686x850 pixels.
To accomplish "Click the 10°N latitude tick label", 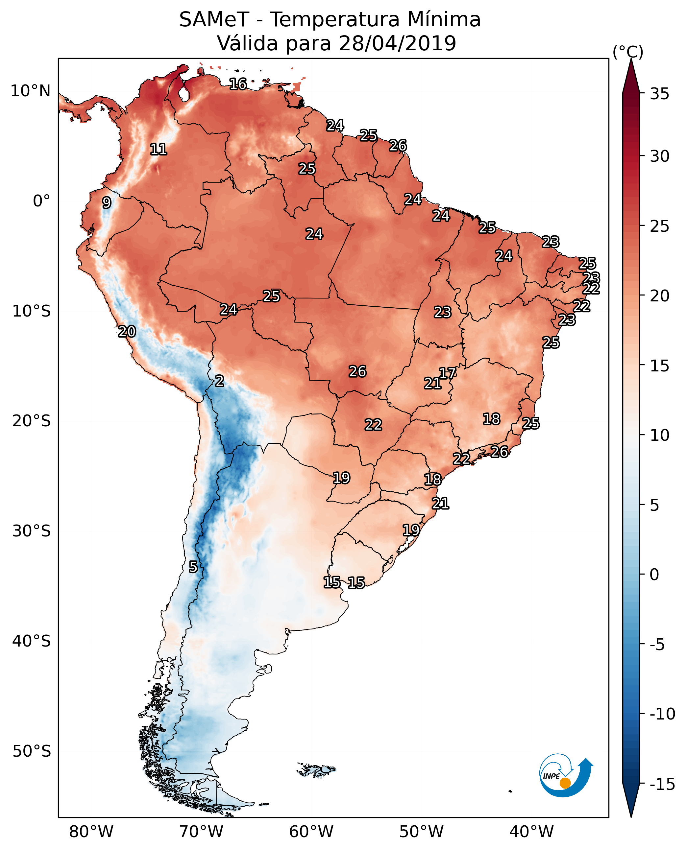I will [x=31, y=91].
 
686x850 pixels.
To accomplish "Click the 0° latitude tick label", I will [x=41, y=201].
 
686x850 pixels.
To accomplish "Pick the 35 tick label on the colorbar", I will [x=659, y=94].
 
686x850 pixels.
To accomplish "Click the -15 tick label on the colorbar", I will [x=662, y=784].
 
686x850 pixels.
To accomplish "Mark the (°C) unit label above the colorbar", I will [x=628, y=52].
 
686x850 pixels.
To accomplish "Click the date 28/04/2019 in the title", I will [x=398, y=43].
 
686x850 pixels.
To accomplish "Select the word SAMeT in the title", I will [x=214, y=19].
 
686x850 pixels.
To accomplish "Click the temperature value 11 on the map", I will [x=159, y=149].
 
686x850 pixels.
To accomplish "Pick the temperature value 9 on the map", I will [x=106, y=202].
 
